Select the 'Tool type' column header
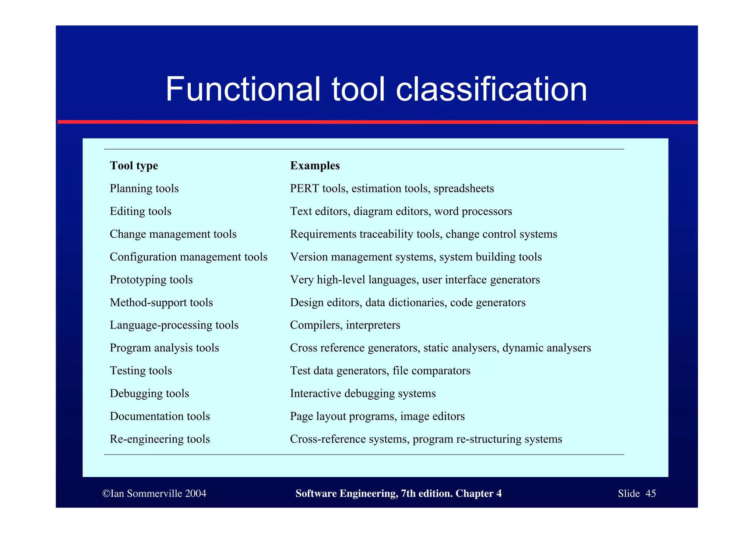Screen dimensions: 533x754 tap(134, 166)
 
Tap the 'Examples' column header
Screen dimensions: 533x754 tap(315, 166)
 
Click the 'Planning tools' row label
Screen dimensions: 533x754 tap(144, 189)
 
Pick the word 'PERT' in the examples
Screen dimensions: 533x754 tap(304, 189)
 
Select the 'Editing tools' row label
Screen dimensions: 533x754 tap(141, 211)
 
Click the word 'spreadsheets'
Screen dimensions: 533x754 tap(464, 189)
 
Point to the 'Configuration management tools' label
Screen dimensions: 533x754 tap(188, 257)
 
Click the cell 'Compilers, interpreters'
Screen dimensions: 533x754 tap(345, 325)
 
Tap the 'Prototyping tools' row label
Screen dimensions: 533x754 tap(151, 280)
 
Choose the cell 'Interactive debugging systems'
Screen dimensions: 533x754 tap(363, 393)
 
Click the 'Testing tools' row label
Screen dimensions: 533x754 tap(141, 371)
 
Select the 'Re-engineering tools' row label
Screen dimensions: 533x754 tap(160, 439)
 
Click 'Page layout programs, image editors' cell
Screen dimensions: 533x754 tap(377, 416)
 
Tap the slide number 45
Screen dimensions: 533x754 tap(651, 494)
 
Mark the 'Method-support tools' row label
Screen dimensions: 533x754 tap(161, 302)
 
